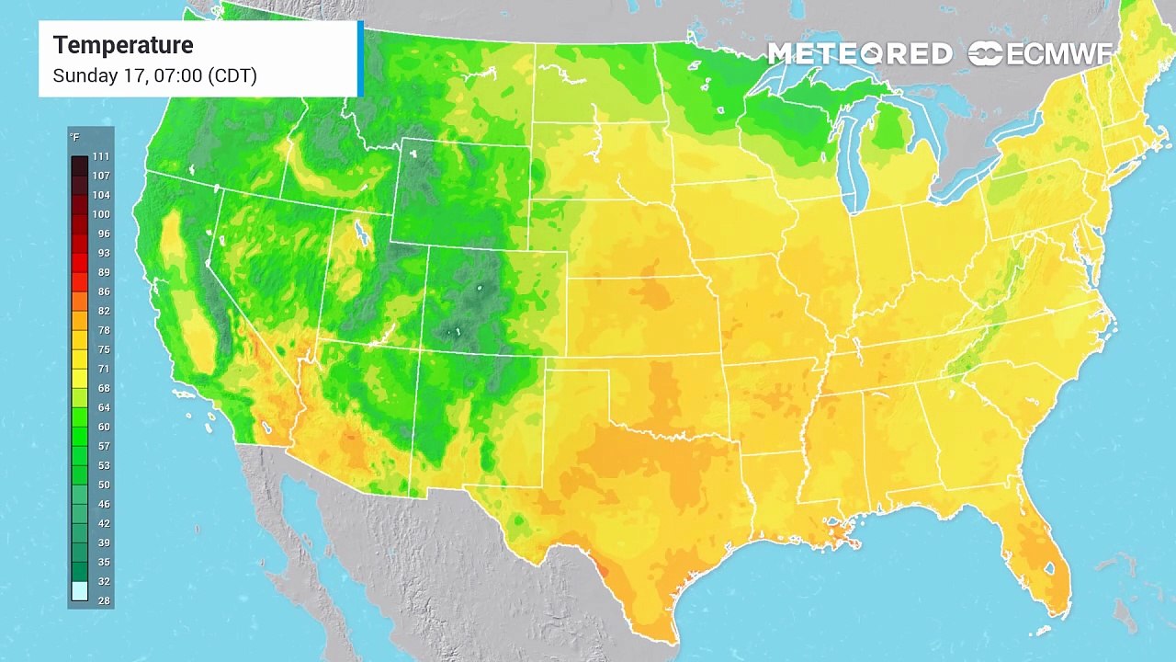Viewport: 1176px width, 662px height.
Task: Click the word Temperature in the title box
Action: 123,45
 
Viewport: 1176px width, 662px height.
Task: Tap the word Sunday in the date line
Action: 85,75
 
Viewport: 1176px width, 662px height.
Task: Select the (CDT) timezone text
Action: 232,75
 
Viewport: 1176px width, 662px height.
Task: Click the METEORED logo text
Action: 859,54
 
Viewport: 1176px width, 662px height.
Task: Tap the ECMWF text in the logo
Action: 1059,54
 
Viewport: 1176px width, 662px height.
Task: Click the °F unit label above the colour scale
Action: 74,137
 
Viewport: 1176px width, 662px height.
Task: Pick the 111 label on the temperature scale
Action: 100,157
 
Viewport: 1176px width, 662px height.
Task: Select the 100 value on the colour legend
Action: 100,214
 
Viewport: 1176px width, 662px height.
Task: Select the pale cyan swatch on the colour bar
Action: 80,591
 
